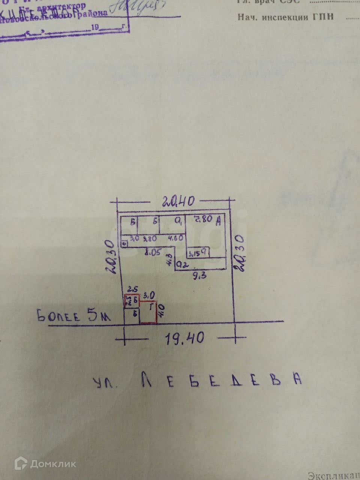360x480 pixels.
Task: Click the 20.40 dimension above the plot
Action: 178,202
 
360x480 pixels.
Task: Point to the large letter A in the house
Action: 218,222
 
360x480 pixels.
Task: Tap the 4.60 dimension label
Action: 175,238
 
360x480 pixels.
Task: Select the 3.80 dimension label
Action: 150,238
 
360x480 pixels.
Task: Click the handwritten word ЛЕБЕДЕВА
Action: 221,380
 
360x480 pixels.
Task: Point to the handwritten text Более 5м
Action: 74,316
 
